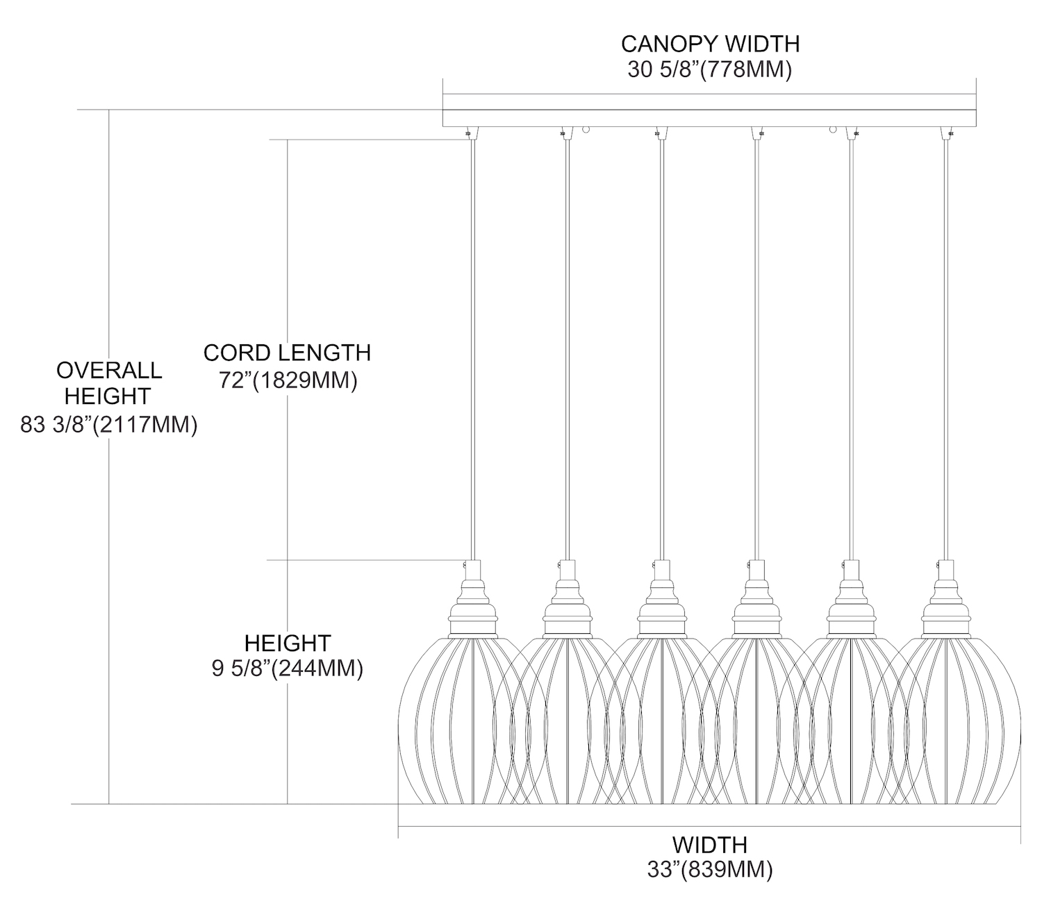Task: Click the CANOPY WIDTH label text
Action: click(x=710, y=44)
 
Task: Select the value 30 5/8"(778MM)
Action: click(x=710, y=70)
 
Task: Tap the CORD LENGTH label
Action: click(x=287, y=353)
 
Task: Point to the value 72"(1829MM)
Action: click(x=288, y=380)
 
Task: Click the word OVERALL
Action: click(x=109, y=370)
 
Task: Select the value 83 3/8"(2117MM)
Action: click(x=109, y=424)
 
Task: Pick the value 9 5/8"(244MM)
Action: click(x=287, y=668)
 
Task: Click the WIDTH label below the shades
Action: click(x=709, y=845)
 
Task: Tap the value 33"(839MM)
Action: click(x=709, y=870)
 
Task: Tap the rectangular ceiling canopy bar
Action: click(x=709, y=111)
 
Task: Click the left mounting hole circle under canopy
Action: click(x=586, y=129)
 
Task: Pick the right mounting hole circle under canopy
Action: click(x=832, y=129)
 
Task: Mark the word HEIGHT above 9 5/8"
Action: click(x=287, y=642)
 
